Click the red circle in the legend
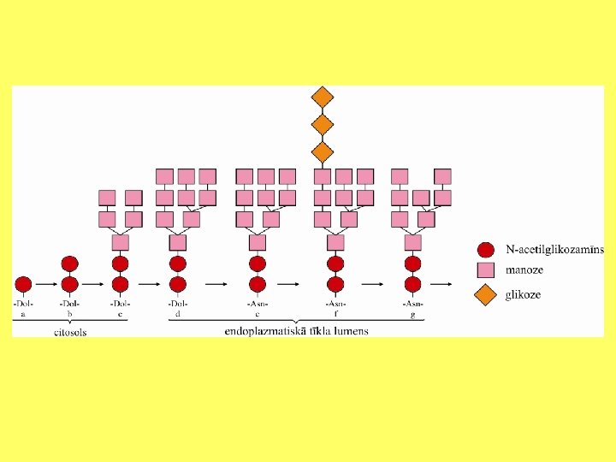point(486,250)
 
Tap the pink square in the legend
point(486,271)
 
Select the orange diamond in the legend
point(486,295)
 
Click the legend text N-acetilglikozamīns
point(554,250)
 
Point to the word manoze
point(524,271)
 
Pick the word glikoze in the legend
point(523,295)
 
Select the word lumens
point(350,330)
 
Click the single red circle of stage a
point(23,283)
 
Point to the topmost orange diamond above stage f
point(322,97)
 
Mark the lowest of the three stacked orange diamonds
point(322,152)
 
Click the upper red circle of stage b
point(70,263)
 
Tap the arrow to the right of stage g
point(441,283)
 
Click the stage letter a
point(23,314)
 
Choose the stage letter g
point(413,314)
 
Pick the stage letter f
point(335,314)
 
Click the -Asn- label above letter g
point(413,304)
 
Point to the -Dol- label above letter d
point(177,304)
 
